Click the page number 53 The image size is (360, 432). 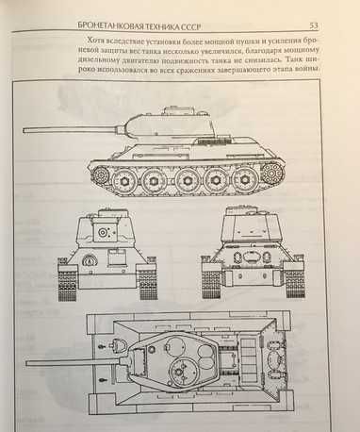point(314,25)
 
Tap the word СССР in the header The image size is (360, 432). point(190,26)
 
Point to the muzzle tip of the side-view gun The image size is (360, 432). point(24,130)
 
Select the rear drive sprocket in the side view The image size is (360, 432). point(272,173)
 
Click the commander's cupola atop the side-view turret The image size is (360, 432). point(172,109)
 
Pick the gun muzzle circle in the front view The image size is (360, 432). point(103,232)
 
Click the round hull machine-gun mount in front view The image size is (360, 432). point(89,260)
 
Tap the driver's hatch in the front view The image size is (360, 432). point(115,257)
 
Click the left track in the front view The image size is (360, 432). point(67,282)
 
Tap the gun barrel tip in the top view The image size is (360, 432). point(27,363)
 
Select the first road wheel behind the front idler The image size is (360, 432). point(124,180)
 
